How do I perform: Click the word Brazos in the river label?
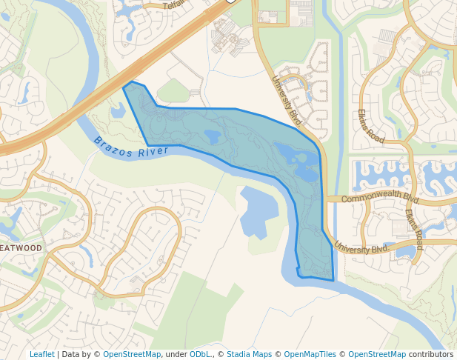pyautogui.click(x=113, y=144)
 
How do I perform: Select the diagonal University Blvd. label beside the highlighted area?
pyautogui.click(x=288, y=100)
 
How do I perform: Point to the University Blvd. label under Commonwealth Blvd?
pyautogui.click(x=361, y=249)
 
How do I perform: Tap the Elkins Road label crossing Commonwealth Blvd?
pyautogui.click(x=413, y=225)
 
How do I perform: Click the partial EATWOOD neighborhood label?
pyautogui.click(x=21, y=247)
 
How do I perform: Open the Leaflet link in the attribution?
pyautogui.click(x=41, y=354)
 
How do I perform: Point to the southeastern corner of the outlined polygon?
pyautogui.click(x=333, y=281)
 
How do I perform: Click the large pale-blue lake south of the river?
pyautogui.click(x=255, y=212)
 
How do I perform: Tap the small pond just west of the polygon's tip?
pyautogui.click(x=118, y=112)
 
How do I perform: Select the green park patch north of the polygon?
pyautogui.click(x=173, y=91)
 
